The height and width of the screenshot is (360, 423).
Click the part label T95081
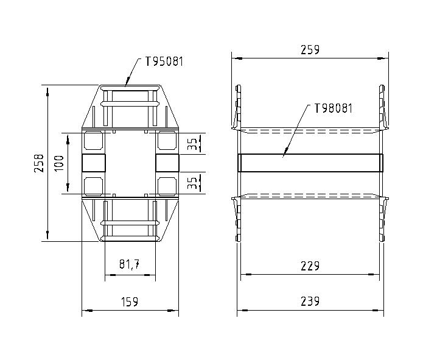click(164, 62)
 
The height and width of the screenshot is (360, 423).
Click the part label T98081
click(333, 108)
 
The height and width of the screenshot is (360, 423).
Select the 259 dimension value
click(310, 50)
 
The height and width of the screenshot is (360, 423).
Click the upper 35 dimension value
click(192, 144)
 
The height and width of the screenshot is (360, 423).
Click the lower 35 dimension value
click(192, 183)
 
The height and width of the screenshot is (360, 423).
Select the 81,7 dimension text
click(130, 265)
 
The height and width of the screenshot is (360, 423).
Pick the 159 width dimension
click(130, 302)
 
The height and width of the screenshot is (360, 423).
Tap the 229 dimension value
click(310, 266)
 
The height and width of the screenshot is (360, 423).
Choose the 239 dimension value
click(310, 302)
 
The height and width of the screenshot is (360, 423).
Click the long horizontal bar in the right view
click(310, 163)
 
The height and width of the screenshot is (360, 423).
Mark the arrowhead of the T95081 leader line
click(126, 85)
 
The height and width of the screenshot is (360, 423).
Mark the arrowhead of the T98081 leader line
click(284, 155)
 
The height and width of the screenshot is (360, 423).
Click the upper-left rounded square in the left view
click(93, 141)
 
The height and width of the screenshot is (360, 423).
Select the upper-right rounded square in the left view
click(167, 141)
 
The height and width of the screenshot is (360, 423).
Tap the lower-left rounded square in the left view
click(93, 185)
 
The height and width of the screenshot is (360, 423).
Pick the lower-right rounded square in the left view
click(167, 185)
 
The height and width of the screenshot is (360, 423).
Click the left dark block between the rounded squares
click(94, 163)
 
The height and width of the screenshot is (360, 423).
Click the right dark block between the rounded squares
click(167, 163)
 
